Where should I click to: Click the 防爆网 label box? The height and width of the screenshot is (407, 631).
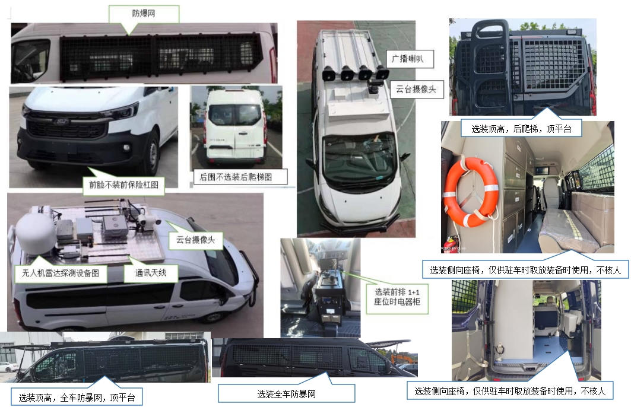click(144, 13)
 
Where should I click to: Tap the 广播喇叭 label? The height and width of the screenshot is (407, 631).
click(410, 59)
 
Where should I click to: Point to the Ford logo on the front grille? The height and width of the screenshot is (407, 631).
click(62, 122)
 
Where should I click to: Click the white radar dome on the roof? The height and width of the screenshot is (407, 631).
click(34, 233)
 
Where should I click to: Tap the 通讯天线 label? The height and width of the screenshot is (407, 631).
click(146, 273)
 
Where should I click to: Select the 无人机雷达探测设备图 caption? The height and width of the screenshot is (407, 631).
click(62, 274)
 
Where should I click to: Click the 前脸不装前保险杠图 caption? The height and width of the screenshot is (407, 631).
click(123, 183)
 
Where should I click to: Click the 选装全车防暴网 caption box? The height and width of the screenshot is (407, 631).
click(286, 393)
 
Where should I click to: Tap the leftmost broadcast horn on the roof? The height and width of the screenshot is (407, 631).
click(327, 75)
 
